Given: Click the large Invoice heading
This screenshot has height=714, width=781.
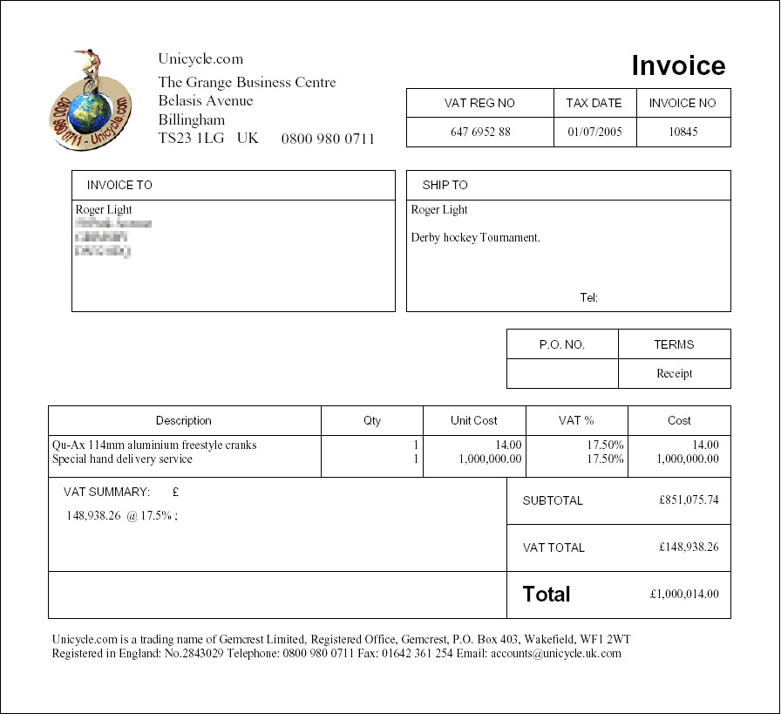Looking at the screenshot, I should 678,66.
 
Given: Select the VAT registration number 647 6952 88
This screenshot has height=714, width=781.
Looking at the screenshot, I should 480,133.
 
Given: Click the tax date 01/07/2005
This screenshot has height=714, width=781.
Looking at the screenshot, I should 594,133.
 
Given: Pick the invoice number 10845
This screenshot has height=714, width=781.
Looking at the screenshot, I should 683,133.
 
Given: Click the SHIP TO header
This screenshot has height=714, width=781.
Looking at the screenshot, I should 445,185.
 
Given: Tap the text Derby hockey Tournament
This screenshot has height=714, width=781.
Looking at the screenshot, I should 476,237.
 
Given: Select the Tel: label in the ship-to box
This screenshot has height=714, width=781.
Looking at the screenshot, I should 588,298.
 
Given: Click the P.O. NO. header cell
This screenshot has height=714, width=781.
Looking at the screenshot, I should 562,344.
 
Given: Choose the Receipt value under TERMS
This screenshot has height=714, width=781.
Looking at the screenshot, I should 674,373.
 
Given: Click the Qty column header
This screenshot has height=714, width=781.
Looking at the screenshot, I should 372,420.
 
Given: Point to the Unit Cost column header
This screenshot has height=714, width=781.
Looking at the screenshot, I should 474,420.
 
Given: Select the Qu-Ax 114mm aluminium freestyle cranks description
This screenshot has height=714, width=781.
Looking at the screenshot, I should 154,445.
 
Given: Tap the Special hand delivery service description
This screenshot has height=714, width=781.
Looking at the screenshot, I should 122,459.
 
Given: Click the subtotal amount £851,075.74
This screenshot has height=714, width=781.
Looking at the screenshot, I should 689,500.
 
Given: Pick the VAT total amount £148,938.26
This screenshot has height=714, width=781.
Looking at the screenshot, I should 689,547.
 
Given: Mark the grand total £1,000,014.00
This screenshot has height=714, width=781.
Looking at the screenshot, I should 684,595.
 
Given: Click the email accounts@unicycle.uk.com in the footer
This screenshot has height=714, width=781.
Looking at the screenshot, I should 556,653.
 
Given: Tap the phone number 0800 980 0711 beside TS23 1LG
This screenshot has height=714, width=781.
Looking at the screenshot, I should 328,139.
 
